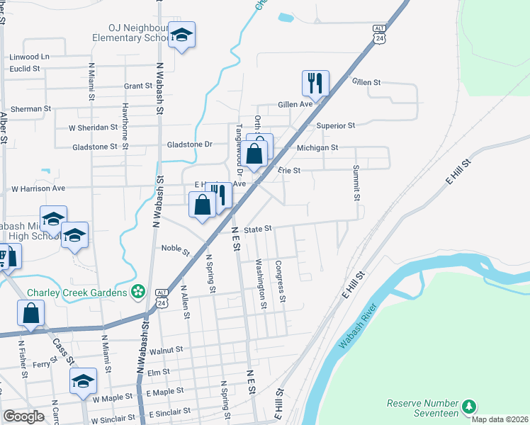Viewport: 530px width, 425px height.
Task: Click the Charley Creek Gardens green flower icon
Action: click(x=138, y=292)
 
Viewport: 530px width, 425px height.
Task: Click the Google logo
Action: click(x=23, y=416)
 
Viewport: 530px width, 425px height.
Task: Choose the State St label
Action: click(x=258, y=229)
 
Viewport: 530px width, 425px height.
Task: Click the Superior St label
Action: click(x=335, y=125)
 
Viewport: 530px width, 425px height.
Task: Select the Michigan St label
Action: click(x=317, y=147)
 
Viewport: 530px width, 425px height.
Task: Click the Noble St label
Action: click(x=175, y=249)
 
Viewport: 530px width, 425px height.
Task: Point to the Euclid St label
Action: click(x=25, y=69)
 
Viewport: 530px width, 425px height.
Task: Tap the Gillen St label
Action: click(x=366, y=82)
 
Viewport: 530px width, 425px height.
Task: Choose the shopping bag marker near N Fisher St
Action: click(x=31, y=313)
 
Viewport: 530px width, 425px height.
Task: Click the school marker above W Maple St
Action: click(x=83, y=380)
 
